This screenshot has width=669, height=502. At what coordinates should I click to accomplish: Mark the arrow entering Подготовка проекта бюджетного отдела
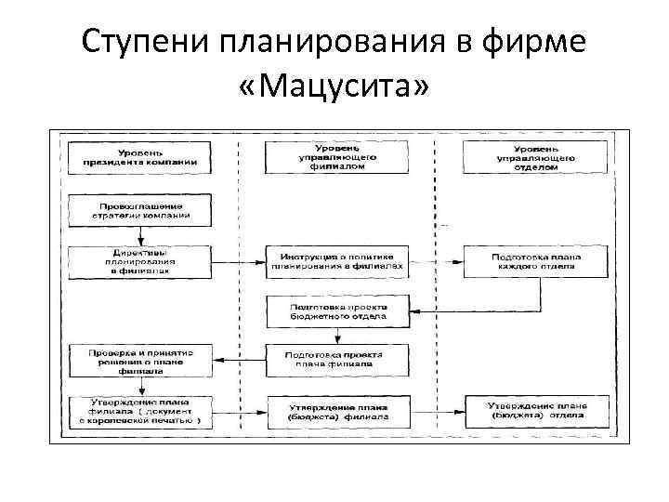coord(423,310)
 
